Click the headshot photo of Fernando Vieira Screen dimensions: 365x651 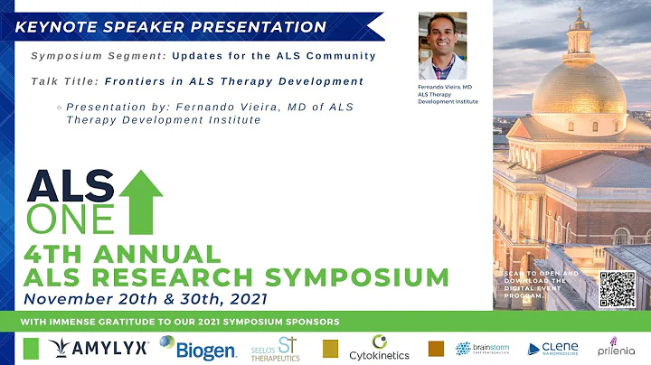point(443,46)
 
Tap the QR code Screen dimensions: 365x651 point(618,288)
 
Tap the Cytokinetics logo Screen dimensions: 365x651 point(379,349)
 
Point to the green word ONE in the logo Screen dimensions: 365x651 point(71,218)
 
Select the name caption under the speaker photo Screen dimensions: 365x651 point(448,94)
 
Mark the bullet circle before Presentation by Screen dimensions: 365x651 point(59,108)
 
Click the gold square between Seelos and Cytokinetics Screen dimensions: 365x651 point(329,348)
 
